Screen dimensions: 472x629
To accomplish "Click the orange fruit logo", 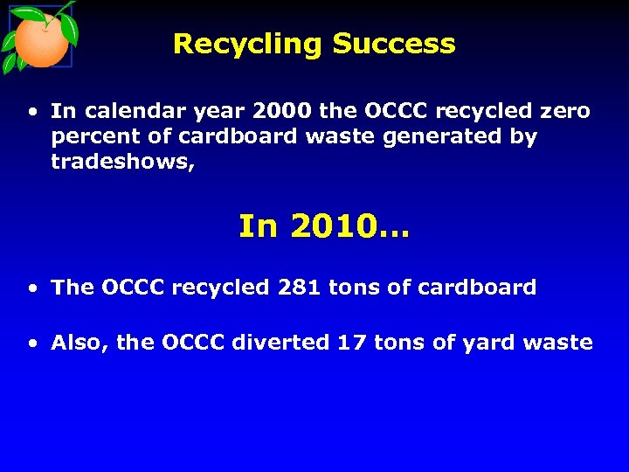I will coord(39,39).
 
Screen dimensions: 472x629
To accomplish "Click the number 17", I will coord(352,343).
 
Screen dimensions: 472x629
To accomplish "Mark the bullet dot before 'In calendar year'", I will coord(32,112).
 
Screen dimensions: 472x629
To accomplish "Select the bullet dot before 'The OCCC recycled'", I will coord(32,288).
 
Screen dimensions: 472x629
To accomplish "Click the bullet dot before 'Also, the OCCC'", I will coord(32,344).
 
